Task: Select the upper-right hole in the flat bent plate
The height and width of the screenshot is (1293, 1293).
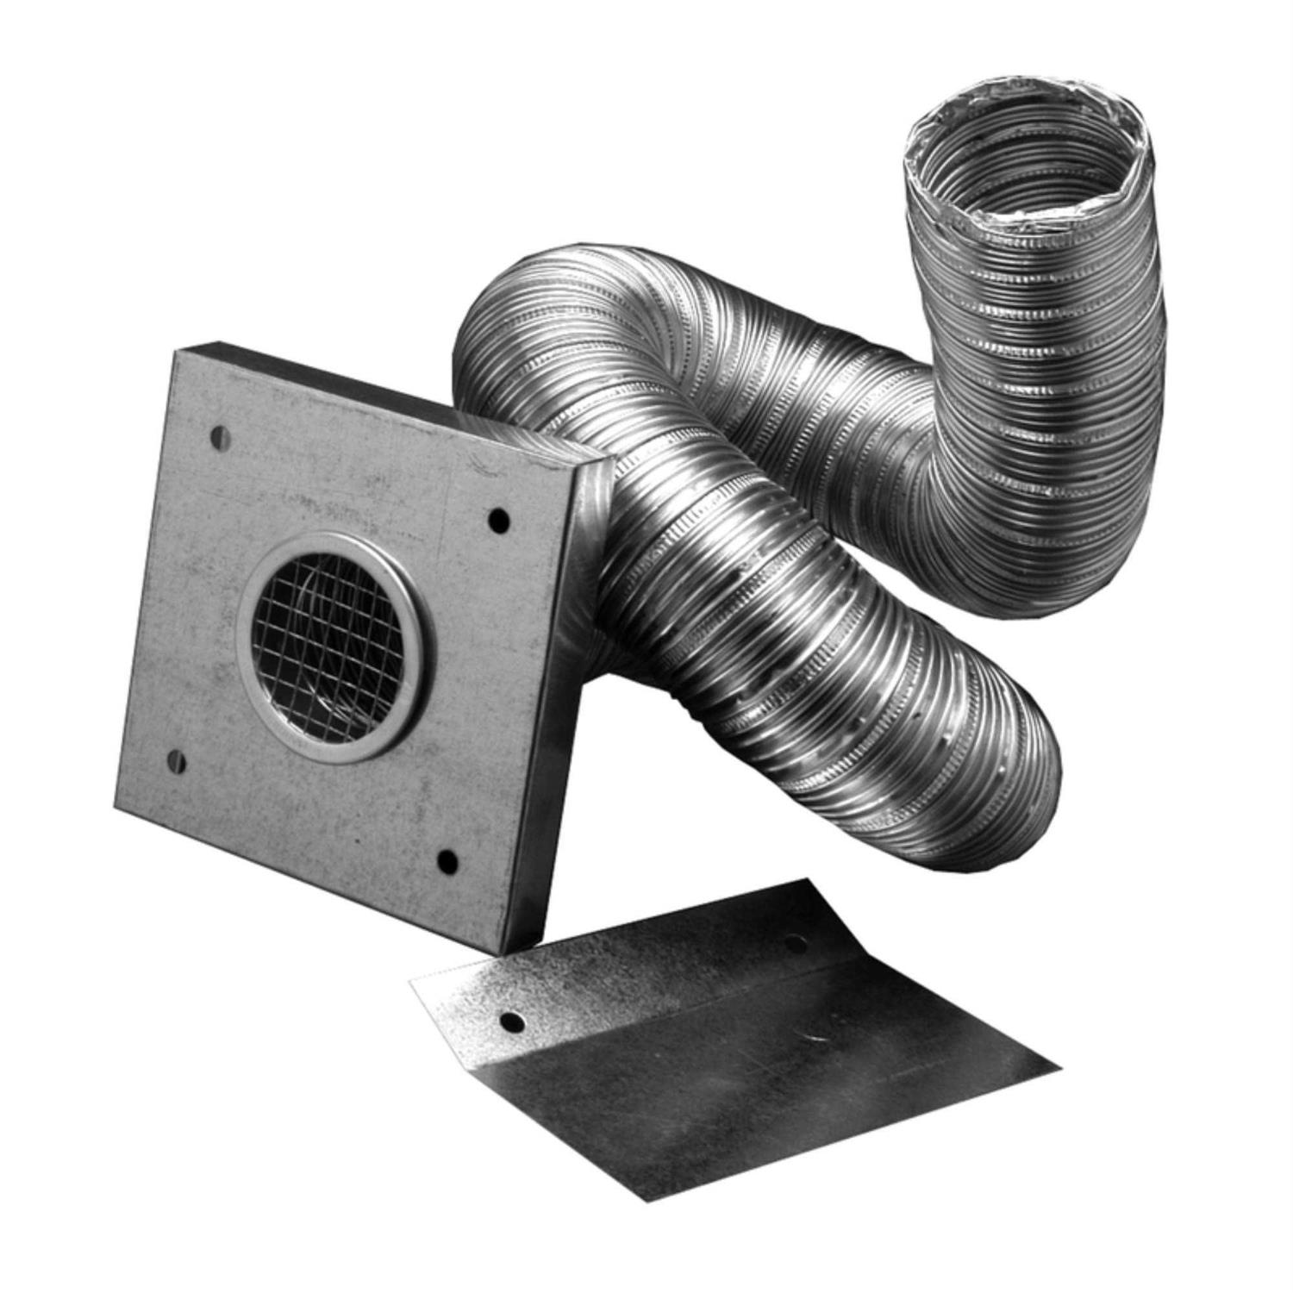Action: [x=796, y=946]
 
